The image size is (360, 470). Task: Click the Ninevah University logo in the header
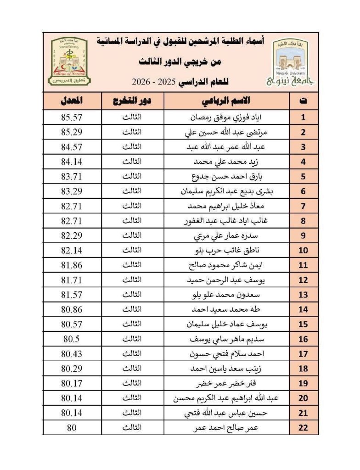291,62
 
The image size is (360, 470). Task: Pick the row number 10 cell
303,251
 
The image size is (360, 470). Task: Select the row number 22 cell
303,428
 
